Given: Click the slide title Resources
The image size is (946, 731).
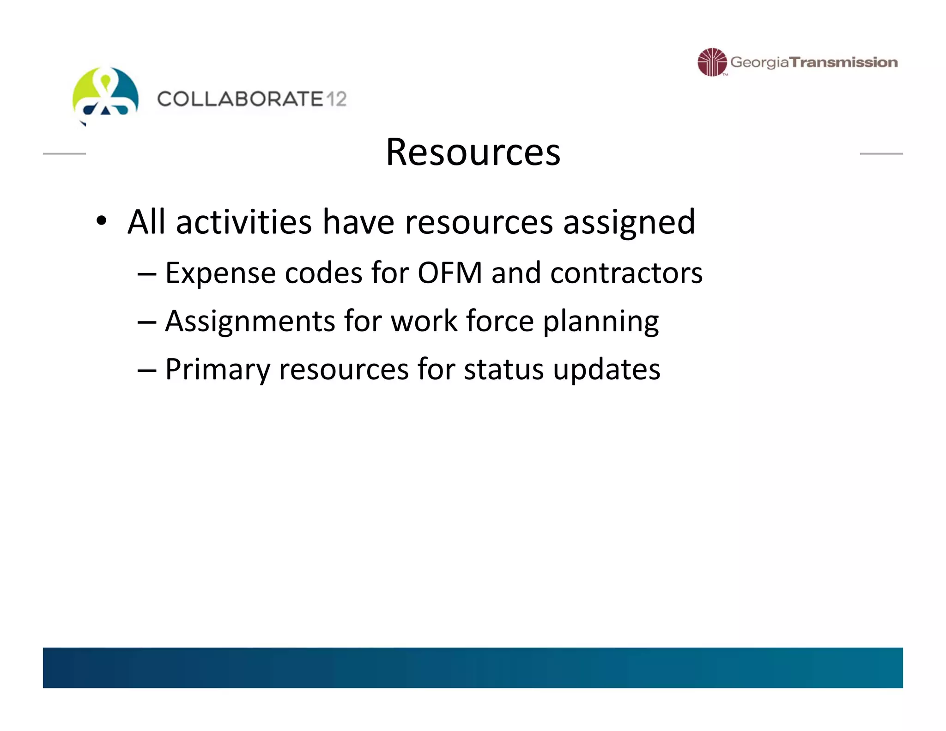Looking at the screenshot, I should (473, 152).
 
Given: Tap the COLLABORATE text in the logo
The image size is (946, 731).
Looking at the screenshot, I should (240, 99).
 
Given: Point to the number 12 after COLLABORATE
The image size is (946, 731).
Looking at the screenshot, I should (336, 99).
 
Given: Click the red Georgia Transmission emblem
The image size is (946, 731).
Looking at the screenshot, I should (712, 62).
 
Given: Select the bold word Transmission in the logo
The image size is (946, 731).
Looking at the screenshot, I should (843, 62).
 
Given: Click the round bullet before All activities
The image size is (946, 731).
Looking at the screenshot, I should (102, 221).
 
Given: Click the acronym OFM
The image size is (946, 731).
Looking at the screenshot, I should (450, 273).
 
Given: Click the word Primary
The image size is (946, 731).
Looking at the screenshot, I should (217, 370).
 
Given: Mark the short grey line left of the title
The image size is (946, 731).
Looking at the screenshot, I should (64, 153).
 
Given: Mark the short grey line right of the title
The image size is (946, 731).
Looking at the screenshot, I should (881, 153).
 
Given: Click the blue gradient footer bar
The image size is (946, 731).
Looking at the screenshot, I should (473, 667).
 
